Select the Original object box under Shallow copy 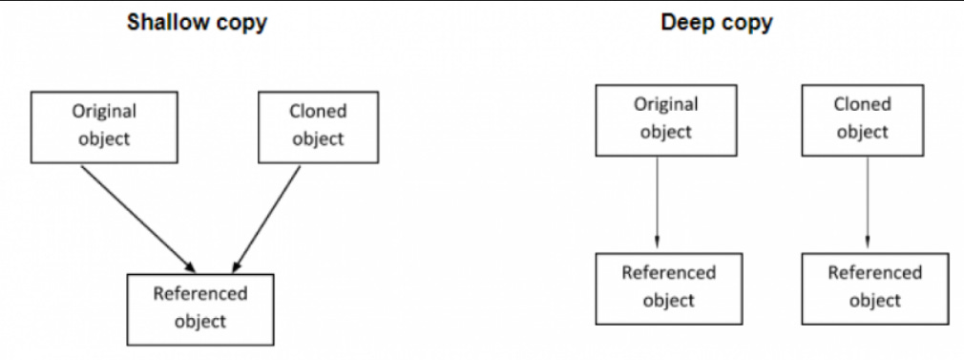104,126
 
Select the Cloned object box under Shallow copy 318,126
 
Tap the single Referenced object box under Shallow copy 200,307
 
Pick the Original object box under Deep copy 666,118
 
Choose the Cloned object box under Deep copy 863,118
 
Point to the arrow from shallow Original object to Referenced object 138,215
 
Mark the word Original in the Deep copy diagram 666,105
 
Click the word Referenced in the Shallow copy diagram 200,294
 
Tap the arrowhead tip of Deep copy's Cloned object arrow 868,241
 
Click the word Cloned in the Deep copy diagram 863,105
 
